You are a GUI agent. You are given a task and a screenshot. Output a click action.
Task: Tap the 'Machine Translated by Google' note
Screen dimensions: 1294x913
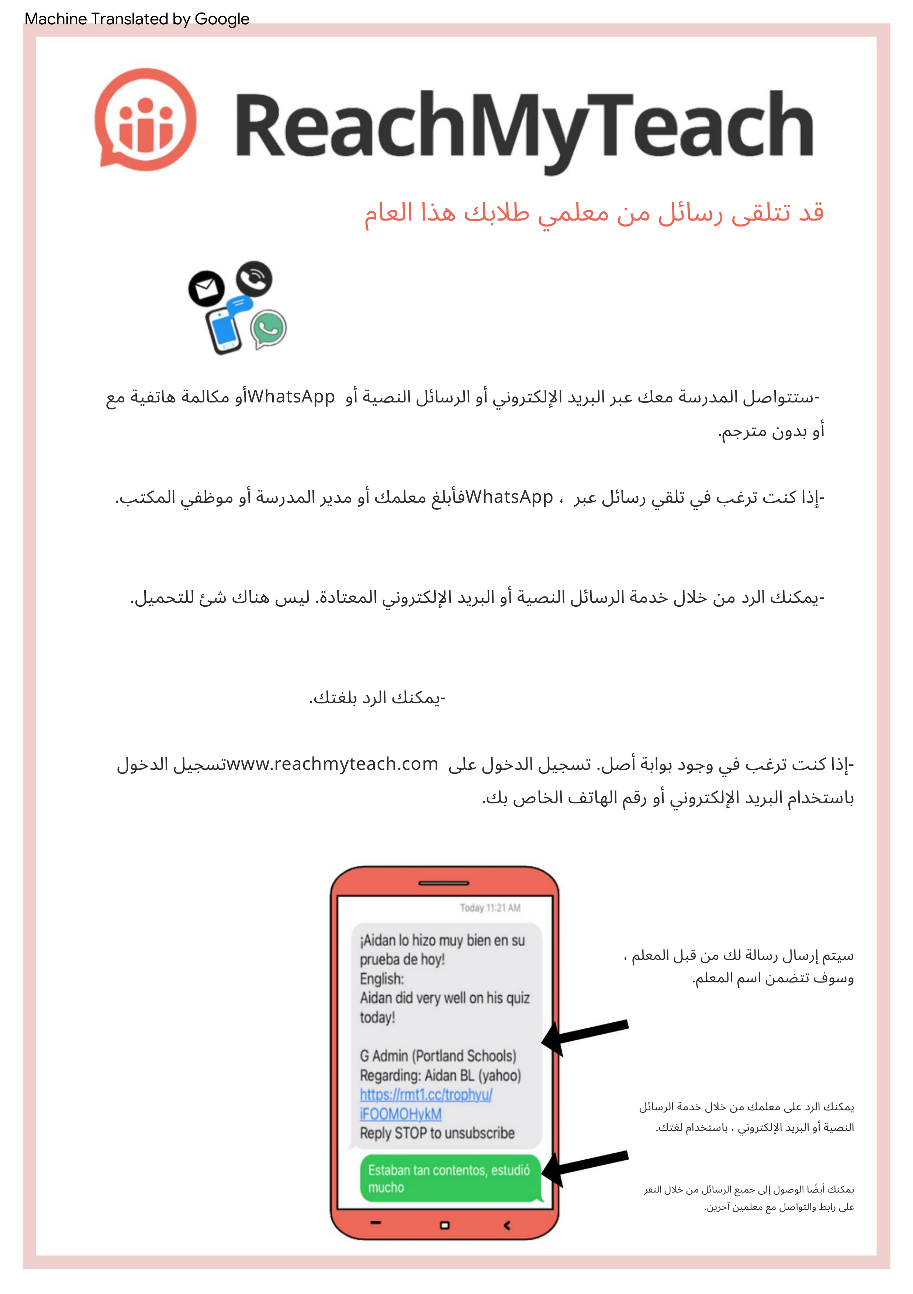pyautogui.click(x=136, y=19)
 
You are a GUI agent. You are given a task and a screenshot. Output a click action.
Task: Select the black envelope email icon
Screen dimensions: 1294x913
pyautogui.click(x=206, y=288)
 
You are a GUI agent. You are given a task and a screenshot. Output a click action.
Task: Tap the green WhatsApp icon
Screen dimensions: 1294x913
pyautogui.click(x=269, y=329)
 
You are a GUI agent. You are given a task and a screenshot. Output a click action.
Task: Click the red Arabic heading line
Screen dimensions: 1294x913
pyautogui.click(x=594, y=213)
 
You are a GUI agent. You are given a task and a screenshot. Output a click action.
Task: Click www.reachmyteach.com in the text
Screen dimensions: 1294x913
pyautogui.click(x=332, y=764)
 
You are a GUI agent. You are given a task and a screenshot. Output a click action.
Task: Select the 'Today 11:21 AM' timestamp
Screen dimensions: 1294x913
pyautogui.click(x=490, y=908)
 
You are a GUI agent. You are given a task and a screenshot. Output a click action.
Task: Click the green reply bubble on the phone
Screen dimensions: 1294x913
pyautogui.click(x=450, y=1179)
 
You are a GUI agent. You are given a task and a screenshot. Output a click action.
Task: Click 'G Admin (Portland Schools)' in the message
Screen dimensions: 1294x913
pyautogui.click(x=438, y=1056)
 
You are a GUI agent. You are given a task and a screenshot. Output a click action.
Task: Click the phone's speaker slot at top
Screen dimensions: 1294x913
pyautogui.click(x=444, y=883)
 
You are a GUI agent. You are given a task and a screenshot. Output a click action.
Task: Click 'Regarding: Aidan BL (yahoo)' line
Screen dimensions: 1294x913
pyautogui.click(x=440, y=1075)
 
